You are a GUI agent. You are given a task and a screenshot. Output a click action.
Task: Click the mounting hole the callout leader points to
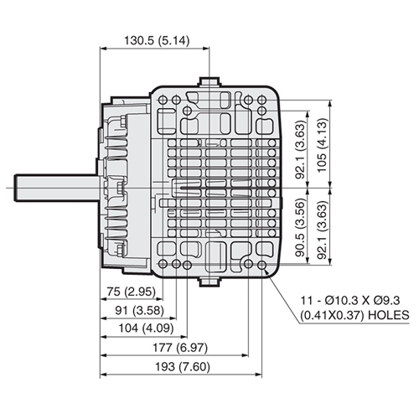click(x=266, y=267)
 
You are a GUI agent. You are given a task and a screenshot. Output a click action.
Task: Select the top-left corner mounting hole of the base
click(x=162, y=98)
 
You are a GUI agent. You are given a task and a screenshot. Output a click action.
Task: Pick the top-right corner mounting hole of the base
click(x=266, y=98)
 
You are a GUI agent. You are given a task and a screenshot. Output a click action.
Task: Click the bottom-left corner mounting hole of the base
click(x=162, y=267)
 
